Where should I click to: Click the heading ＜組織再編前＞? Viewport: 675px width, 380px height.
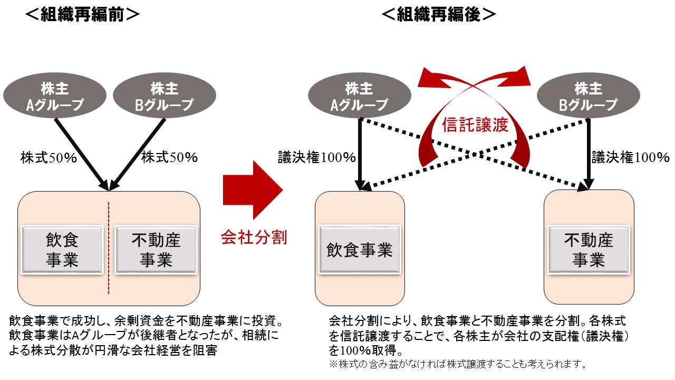coord(83,15)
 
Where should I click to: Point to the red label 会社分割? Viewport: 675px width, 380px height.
coord(254,237)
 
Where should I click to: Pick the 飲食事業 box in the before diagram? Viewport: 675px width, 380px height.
coord(62,250)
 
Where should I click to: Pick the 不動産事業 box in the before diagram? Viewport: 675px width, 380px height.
coord(157,250)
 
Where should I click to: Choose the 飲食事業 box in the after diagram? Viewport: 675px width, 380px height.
coord(359,250)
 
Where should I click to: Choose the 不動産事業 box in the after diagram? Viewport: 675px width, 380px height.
coord(588,250)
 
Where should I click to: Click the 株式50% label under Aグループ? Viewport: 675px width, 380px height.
coord(49,157)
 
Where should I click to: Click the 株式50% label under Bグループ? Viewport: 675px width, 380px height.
coord(169,157)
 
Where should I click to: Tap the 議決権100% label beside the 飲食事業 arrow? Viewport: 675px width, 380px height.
coord(317,157)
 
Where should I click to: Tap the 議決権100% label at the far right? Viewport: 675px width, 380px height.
coord(630,157)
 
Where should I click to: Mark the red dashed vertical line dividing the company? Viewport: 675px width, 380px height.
coord(109,248)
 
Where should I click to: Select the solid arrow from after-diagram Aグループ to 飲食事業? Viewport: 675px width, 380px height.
coord(359,153)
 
